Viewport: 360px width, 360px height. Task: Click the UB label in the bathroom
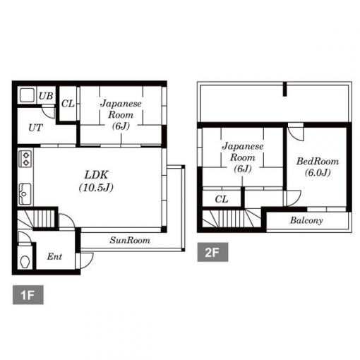point(46,96)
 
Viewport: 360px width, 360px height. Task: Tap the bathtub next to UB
point(27,95)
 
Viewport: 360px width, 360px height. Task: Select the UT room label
point(36,128)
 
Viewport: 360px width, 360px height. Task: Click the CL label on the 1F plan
point(68,104)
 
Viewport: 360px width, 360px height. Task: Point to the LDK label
point(96,175)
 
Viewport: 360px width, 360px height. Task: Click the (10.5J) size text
point(96,188)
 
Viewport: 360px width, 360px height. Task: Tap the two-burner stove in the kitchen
point(25,159)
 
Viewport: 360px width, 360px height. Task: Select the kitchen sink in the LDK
point(25,194)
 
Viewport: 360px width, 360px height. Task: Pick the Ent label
point(54,256)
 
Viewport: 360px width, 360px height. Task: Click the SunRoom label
point(130,240)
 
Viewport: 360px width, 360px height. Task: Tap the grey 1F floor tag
point(28,295)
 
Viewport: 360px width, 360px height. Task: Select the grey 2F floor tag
point(212,252)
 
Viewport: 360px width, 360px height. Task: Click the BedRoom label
point(318,162)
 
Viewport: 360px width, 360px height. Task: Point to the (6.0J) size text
point(318,173)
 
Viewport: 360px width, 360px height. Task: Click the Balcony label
point(306,220)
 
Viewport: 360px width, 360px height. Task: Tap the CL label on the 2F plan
point(222,199)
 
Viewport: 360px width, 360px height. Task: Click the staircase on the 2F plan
point(232,219)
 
